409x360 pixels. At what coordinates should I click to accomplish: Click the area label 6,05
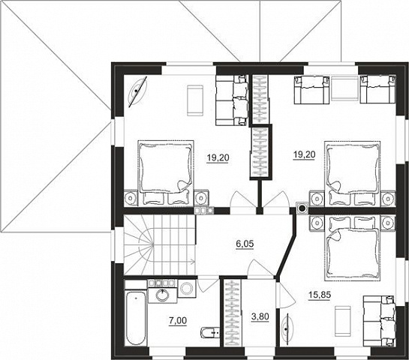coord(245,244)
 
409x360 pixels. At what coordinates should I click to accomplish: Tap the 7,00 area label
coord(178,321)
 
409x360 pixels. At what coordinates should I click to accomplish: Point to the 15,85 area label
coord(320,295)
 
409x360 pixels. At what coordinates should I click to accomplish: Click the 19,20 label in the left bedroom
coord(218,157)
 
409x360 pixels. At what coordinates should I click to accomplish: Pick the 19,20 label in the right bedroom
coord(305,154)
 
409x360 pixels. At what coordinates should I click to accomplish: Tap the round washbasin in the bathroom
coord(164,295)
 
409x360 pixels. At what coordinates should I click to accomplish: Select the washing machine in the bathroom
coord(187,289)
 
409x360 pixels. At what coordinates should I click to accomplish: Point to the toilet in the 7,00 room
coord(210,332)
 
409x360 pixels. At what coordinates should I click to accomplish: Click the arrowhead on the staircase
coord(194,261)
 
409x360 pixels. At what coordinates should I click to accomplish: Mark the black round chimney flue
coord(302,208)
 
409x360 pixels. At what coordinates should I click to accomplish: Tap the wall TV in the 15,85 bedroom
coord(286,328)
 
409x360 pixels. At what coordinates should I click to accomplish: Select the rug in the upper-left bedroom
coord(195,100)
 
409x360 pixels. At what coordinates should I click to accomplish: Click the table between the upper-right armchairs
coord(345,88)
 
